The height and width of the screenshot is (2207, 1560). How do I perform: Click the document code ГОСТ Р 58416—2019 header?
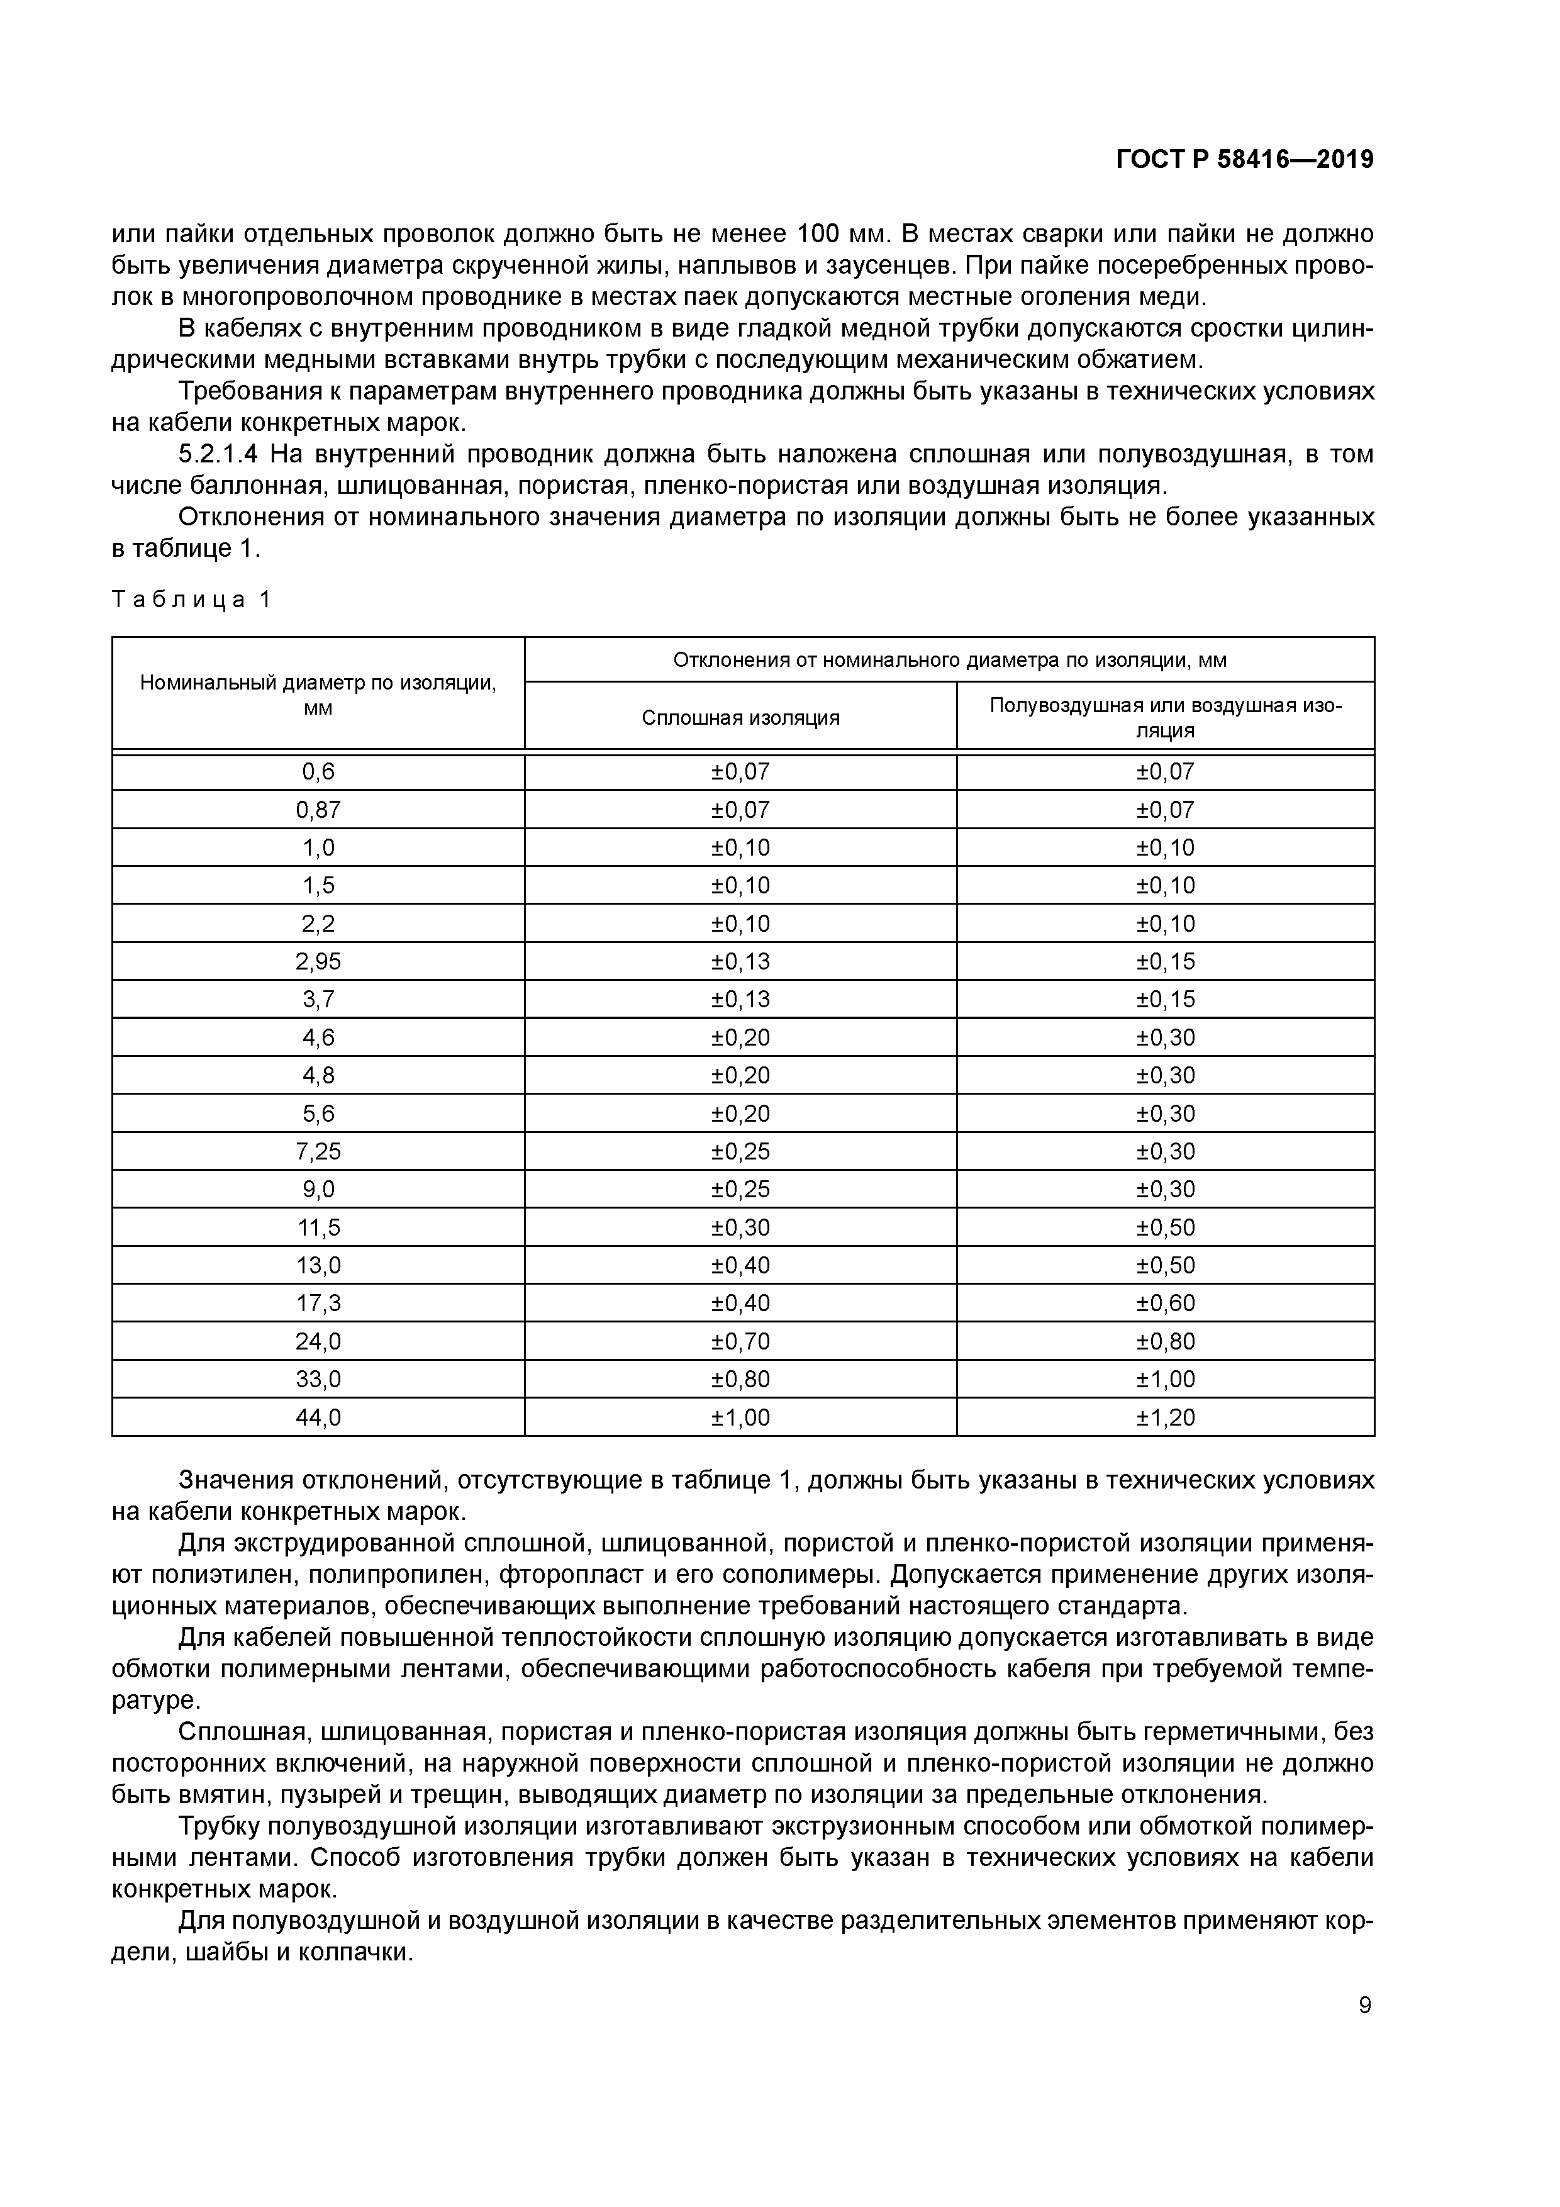(1245, 160)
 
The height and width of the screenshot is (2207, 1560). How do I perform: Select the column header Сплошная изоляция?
(740, 718)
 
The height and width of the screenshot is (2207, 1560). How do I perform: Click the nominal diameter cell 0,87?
(318, 809)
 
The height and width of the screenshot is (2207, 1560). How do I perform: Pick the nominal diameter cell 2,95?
(318, 961)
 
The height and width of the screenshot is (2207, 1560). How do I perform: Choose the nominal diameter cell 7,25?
(318, 1151)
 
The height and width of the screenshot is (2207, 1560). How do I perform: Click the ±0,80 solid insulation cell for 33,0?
(740, 1379)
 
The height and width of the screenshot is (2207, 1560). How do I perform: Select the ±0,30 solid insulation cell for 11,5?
(740, 1227)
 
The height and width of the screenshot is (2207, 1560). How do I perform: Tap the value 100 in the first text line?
(820, 233)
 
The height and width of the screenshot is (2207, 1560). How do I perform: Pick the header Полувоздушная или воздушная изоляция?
(1165, 717)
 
